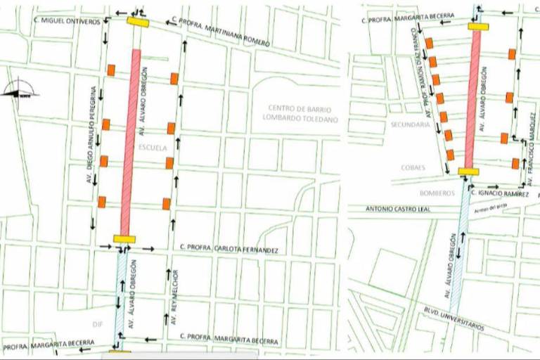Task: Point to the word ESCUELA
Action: point(153,148)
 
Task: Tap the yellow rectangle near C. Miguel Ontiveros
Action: point(138,22)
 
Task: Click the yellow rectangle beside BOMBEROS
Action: point(468,171)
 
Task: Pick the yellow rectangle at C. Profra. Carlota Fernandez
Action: point(124,239)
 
